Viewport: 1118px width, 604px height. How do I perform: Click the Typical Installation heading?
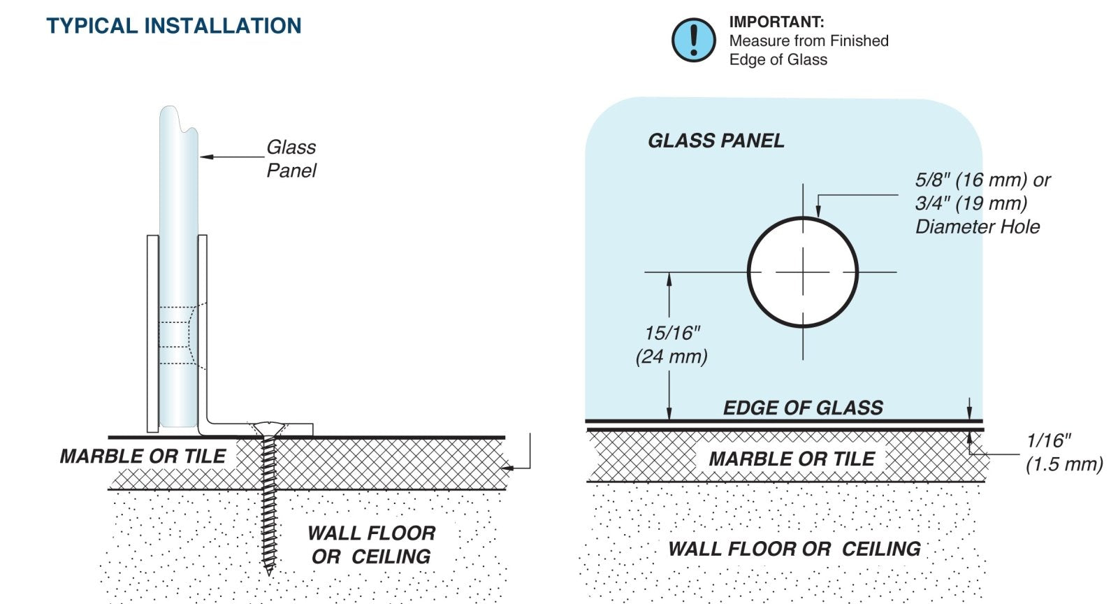click(174, 26)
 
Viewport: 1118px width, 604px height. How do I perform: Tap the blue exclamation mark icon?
click(693, 40)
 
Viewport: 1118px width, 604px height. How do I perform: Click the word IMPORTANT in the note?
click(776, 22)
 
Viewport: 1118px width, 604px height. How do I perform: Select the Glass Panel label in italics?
click(291, 159)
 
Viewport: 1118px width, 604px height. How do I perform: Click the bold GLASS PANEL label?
click(716, 141)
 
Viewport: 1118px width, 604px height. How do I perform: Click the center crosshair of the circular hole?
click(803, 272)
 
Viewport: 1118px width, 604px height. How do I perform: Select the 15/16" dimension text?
click(671, 333)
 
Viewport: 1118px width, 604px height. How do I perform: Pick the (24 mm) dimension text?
click(671, 357)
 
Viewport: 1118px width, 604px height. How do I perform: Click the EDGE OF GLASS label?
click(803, 408)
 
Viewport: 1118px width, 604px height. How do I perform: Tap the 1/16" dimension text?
click(1048, 440)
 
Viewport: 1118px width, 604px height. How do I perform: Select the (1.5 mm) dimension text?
click(1063, 464)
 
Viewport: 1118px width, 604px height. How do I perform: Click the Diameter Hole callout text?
click(977, 226)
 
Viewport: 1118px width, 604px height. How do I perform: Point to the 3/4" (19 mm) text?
click(971, 203)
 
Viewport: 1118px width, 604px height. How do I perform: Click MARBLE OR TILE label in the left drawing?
click(143, 456)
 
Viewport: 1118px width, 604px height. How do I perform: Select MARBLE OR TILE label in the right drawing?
click(791, 459)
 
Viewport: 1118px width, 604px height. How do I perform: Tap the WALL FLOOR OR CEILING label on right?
click(794, 549)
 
